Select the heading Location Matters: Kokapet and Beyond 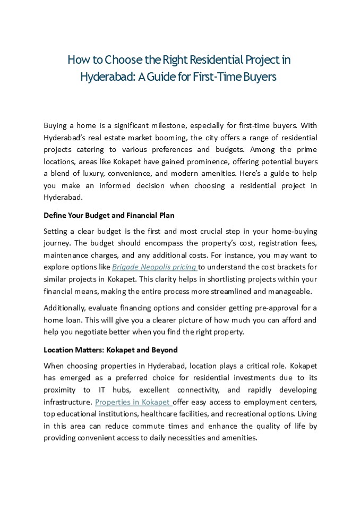click(110, 351)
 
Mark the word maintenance click(66, 255)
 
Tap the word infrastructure click(67, 402)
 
